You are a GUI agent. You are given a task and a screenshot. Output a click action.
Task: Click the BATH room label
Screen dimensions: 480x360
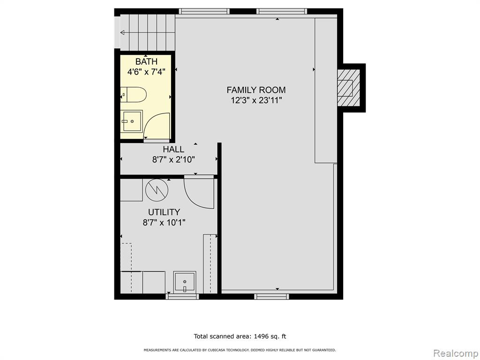[146, 61]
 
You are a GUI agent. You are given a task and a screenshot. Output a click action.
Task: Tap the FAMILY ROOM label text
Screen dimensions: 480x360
[256, 90]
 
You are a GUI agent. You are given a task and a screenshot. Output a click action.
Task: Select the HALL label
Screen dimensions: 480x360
[173, 150]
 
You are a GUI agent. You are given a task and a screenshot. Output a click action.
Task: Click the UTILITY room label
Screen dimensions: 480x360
[164, 212]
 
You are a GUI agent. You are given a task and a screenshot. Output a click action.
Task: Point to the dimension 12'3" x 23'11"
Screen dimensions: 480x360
[256, 100]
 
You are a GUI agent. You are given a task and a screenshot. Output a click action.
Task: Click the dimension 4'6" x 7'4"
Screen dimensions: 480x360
[146, 72]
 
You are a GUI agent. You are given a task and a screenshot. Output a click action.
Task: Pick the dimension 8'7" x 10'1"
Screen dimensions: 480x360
[164, 222]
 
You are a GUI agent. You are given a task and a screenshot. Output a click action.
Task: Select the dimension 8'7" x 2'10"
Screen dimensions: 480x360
[173, 159]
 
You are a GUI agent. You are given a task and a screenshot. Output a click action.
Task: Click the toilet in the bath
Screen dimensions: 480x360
[133, 95]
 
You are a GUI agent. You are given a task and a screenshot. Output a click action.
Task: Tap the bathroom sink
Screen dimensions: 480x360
[132, 121]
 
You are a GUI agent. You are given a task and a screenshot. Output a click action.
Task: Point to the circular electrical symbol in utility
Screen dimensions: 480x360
[157, 190]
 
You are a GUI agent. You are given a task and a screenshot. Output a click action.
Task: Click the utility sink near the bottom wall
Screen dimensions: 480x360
[184, 282]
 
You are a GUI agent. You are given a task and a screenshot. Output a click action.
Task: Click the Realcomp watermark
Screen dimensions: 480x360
[455, 353]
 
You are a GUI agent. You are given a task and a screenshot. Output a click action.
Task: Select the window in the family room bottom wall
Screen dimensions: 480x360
[271, 296]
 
